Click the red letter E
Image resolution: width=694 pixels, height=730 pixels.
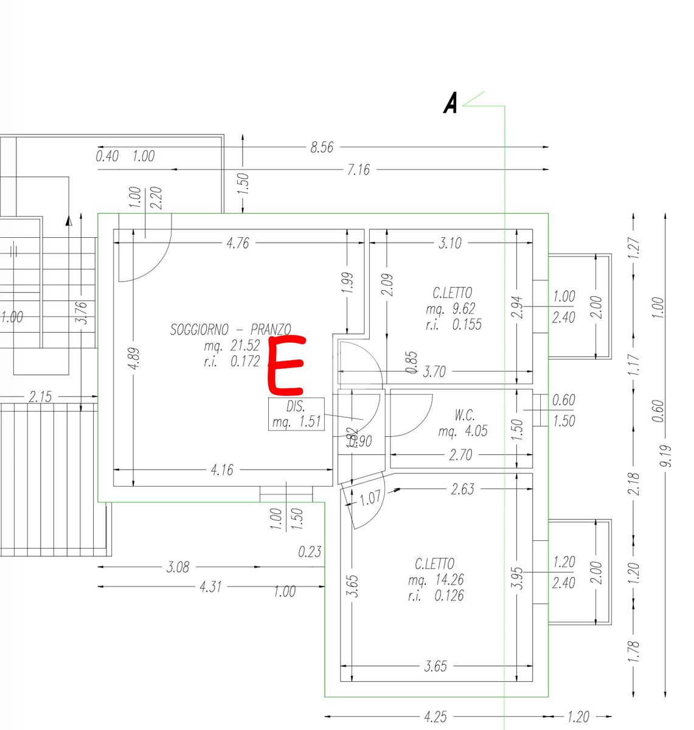pyautogui.click(x=285, y=365)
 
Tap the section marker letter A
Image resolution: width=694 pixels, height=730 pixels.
pyautogui.click(x=450, y=103)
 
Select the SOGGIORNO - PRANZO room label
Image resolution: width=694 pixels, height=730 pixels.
pyautogui.click(x=231, y=330)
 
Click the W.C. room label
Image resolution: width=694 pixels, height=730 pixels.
pyautogui.click(x=464, y=415)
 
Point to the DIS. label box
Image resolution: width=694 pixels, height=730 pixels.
pyautogui.click(x=296, y=414)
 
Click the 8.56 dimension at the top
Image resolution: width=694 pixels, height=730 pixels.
pyautogui.click(x=322, y=147)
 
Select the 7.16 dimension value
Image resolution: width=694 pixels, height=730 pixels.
pyautogui.click(x=358, y=170)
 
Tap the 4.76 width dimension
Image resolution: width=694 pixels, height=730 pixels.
pyautogui.click(x=237, y=243)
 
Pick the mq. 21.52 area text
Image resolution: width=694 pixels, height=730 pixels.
pyautogui.click(x=232, y=346)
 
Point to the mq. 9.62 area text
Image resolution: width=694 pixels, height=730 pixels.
pyautogui.click(x=451, y=308)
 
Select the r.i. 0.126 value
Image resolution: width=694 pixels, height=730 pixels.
pyautogui.click(x=435, y=595)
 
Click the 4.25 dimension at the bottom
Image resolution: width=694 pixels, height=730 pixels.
pyautogui.click(x=435, y=717)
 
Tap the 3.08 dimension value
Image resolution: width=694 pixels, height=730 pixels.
pyautogui.click(x=178, y=567)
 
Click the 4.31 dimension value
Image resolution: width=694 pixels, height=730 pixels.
pyautogui.click(x=210, y=587)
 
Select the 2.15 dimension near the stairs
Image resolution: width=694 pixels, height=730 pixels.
pyautogui.click(x=40, y=397)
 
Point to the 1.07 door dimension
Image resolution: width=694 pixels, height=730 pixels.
pyautogui.click(x=370, y=498)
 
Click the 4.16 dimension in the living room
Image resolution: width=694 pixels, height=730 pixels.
pyautogui.click(x=221, y=470)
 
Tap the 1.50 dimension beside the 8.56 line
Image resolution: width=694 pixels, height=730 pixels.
pyautogui.click(x=243, y=182)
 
